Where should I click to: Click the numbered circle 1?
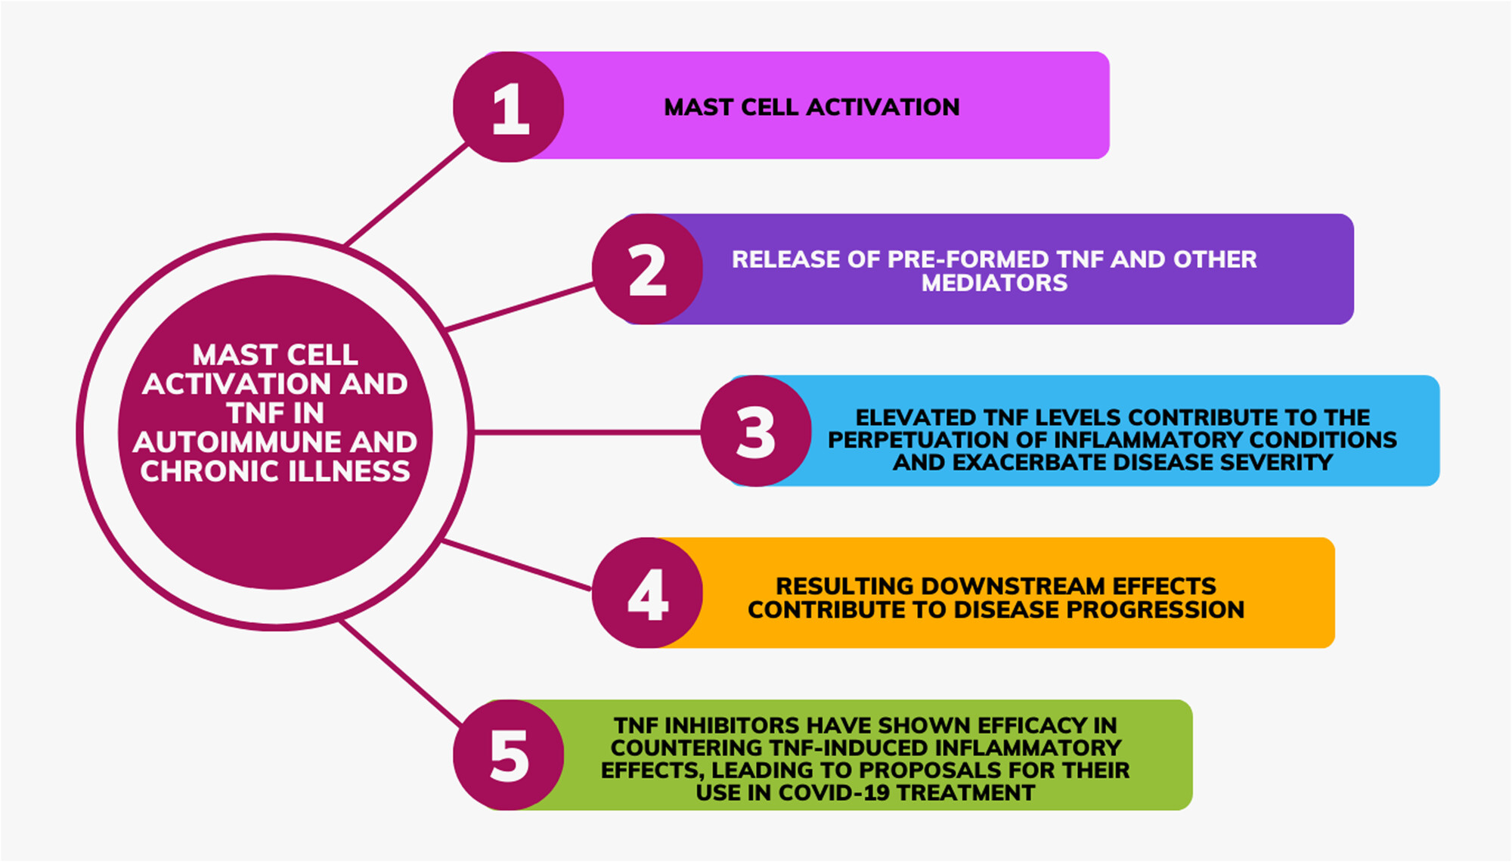pyautogui.click(x=509, y=107)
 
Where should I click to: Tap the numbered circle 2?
pyautogui.click(x=647, y=269)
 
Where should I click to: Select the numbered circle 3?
pyautogui.click(x=756, y=431)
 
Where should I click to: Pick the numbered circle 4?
pyautogui.click(x=647, y=593)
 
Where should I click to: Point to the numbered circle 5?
pyautogui.click(x=509, y=755)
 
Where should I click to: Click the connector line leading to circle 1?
pyautogui.click(x=406, y=194)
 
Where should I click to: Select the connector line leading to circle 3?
pyautogui.click(x=587, y=433)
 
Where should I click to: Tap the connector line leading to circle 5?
pyautogui.click(x=400, y=672)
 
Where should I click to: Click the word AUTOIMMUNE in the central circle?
pyautogui.click(x=237, y=442)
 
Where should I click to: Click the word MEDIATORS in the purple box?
pyautogui.click(x=994, y=283)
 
